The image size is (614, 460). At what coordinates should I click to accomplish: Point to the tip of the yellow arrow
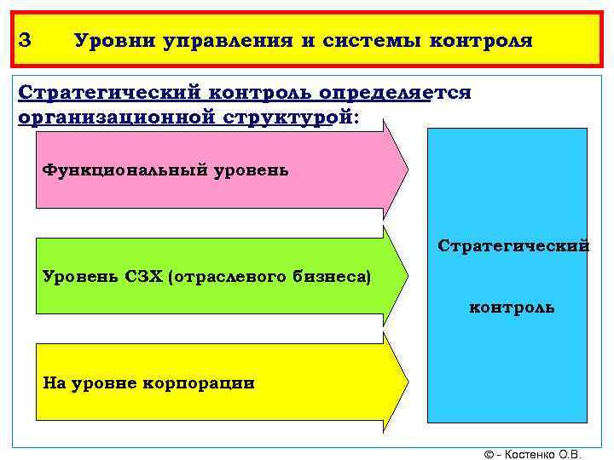pyautogui.click(x=407, y=381)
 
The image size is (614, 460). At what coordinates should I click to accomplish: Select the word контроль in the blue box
pyautogui.click(x=512, y=307)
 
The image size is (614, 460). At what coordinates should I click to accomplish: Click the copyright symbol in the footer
pyautogui.click(x=488, y=454)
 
